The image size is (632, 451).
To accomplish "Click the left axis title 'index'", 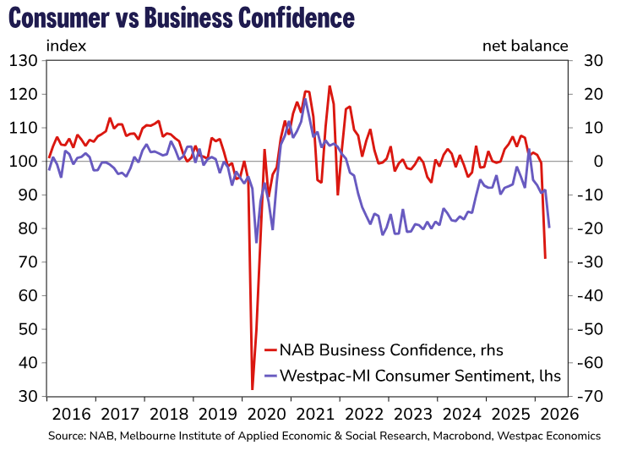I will click(x=66, y=46).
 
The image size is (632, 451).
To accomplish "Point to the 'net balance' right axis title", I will click(x=525, y=46).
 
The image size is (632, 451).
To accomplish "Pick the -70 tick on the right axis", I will click(x=591, y=397).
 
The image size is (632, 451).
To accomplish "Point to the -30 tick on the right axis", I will click(x=591, y=262).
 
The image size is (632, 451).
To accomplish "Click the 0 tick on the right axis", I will click(x=586, y=162).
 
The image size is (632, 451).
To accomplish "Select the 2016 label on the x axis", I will click(x=71, y=415).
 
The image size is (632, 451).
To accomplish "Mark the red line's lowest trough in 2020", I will click(x=253, y=389).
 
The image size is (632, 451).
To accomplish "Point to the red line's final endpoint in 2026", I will click(x=545, y=258).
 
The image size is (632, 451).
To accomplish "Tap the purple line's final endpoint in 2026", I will click(x=549, y=227).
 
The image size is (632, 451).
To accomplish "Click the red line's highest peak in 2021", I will click(x=330, y=86).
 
